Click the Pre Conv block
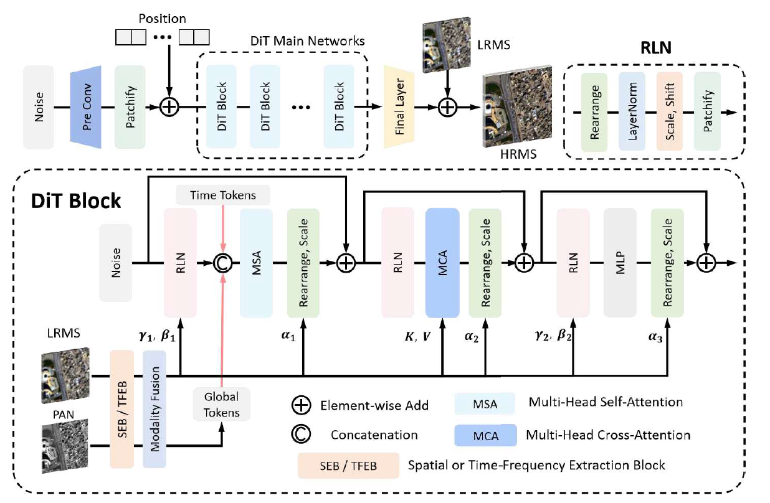(86, 108)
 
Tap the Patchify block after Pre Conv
(130, 108)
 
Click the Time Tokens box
(224, 195)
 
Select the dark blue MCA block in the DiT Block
(442, 263)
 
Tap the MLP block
(620, 263)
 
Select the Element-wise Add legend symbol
(302, 405)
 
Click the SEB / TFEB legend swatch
(348, 465)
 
